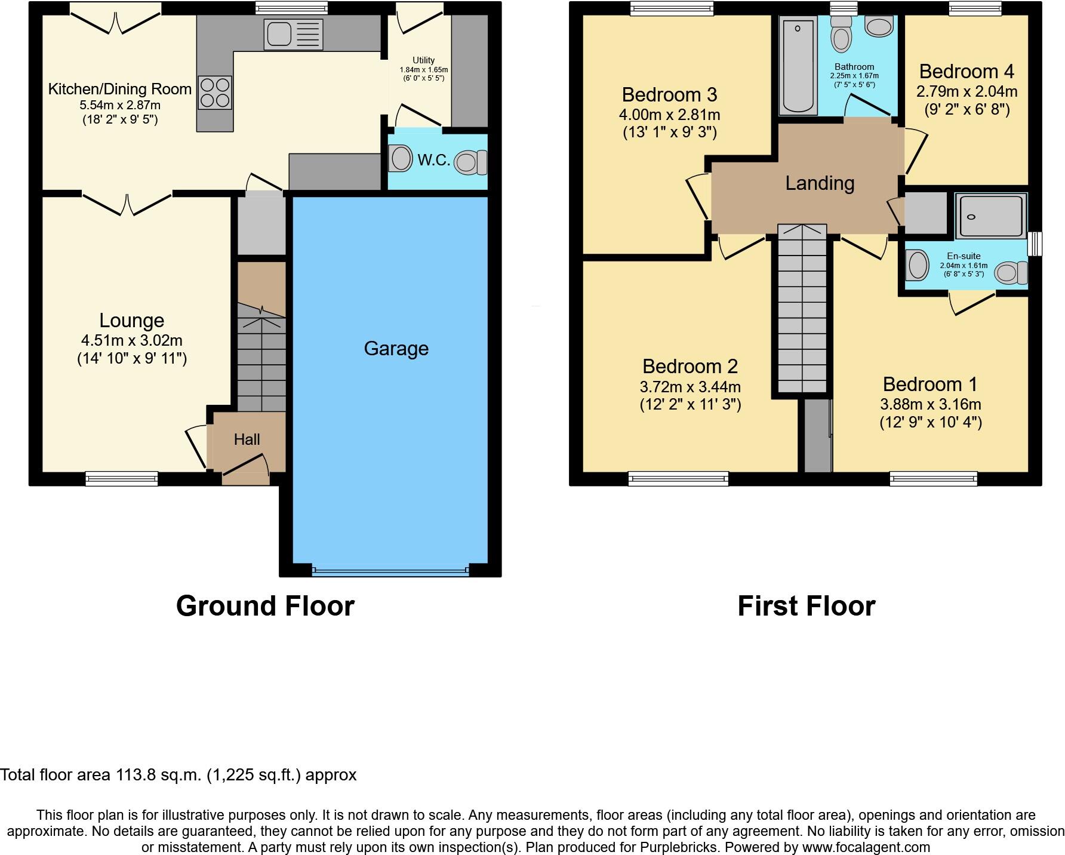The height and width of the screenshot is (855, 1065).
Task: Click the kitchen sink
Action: [x=294, y=34]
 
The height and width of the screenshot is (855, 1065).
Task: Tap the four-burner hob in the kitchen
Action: [x=214, y=93]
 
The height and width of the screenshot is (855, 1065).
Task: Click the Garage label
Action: [x=396, y=348]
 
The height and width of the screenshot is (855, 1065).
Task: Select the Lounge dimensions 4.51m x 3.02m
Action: [x=132, y=340]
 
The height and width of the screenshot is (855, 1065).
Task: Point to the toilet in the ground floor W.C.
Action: [x=470, y=162]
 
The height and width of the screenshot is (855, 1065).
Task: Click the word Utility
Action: [x=423, y=60]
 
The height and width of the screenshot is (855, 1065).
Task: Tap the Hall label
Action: [x=247, y=439]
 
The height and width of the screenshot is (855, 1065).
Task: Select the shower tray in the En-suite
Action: [x=990, y=216]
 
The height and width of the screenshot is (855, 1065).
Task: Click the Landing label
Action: [x=820, y=183]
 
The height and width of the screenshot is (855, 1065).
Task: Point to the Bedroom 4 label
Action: [x=966, y=72]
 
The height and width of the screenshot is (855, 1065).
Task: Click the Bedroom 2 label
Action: [x=690, y=365]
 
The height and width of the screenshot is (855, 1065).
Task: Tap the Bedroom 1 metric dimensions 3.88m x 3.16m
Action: [x=931, y=404]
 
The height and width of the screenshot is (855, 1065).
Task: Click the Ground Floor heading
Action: [x=265, y=606]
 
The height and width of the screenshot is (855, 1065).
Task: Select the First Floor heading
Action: [x=806, y=606]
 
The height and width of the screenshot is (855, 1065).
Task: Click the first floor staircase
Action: [x=802, y=310]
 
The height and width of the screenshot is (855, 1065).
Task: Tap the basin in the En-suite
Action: [x=917, y=265]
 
